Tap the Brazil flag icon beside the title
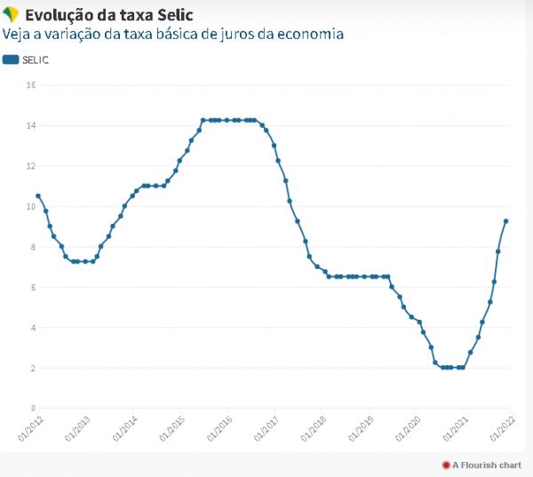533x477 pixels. coord(12,15)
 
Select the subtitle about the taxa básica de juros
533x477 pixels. coord(173,35)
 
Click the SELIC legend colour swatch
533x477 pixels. coord(11,60)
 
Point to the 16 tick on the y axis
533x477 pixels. coord(30,85)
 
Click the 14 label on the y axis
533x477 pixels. coord(30,126)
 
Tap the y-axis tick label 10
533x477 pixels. coord(30,207)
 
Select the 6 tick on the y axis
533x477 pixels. coord(31,287)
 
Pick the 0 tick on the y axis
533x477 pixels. coord(31,408)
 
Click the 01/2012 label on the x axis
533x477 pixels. coord(28,428)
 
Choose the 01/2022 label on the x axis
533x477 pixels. coord(499,428)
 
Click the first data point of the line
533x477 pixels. coord(38,195)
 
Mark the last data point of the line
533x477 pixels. coord(506,221)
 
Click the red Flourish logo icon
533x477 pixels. coord(446,465)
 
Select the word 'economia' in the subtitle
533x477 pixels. coord(310,35)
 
